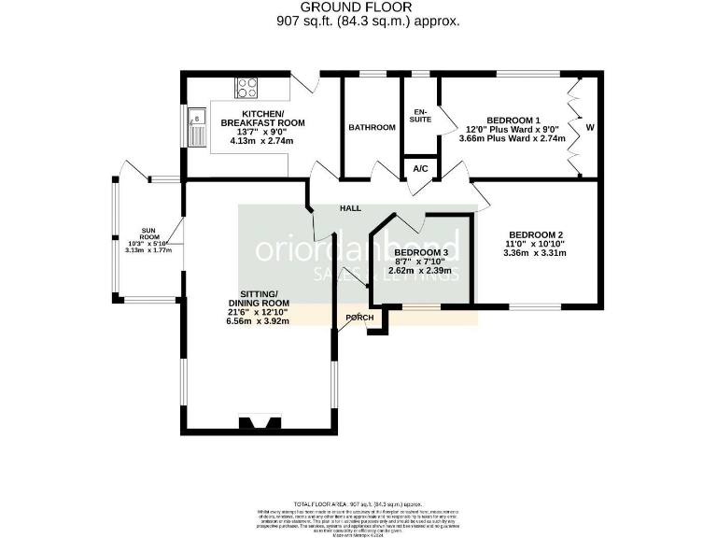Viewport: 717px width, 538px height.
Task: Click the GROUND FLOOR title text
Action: [x=358, y=7]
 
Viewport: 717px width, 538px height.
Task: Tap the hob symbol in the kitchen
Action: [x=247, y=88]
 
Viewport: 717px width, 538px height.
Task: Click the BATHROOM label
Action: [x=372, y=127]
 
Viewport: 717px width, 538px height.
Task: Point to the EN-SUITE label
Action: [x=421, y=115]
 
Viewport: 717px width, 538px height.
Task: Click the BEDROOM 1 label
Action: [x=513, y=120]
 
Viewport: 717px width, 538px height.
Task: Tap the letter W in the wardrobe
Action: [x=589, y=127]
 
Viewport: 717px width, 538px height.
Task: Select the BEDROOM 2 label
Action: [x=534, y=235]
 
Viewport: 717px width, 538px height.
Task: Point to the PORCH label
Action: [x=359, y=318]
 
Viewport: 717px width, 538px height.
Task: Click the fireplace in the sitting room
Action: [x=259, y=423]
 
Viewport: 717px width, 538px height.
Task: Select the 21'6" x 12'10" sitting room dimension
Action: [x=258, y=312]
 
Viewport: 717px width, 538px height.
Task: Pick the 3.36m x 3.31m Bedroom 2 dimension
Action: [x=534, y=252]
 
